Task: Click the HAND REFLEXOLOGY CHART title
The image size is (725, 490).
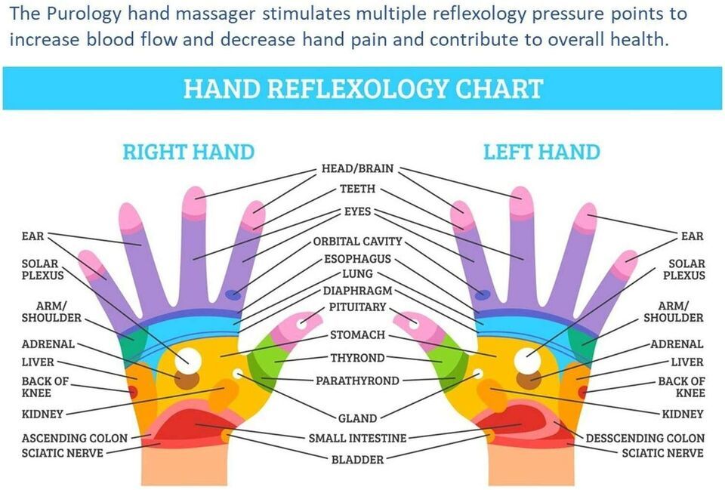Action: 363,88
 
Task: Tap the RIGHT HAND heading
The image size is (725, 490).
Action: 188,152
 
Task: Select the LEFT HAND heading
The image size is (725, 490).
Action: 541,152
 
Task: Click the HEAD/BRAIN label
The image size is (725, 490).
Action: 357,168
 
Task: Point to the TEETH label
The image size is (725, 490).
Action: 357,189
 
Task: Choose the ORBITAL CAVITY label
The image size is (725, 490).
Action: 357,242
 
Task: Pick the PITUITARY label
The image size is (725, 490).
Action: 357,307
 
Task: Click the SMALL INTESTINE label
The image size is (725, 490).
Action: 357,438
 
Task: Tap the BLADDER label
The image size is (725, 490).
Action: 357,459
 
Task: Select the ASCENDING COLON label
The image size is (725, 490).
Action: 75,438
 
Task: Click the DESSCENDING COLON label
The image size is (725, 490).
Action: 645,438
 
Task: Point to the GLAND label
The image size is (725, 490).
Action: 357,418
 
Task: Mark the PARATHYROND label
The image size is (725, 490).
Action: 357,381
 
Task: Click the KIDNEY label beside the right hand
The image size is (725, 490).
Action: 42,414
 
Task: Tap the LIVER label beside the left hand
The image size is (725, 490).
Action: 686,362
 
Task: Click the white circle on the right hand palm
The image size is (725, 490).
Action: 184,359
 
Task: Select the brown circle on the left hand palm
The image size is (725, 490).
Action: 529,380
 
